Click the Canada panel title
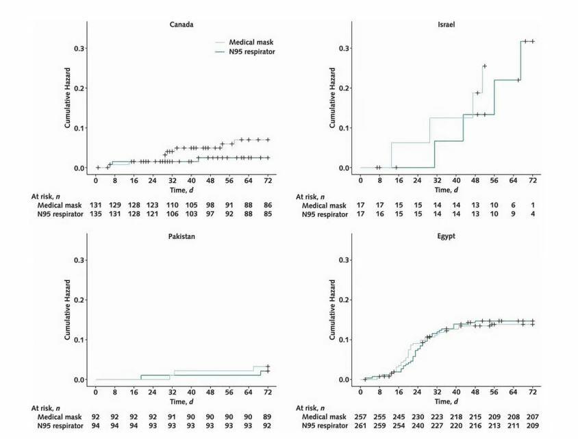pos(181,25)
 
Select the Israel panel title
pos(446,25)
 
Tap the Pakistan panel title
pos(181,236)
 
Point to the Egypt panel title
pos(446,236)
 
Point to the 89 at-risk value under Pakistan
pos(267,416)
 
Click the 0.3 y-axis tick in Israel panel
pos(345,48)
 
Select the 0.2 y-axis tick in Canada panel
pos(80,88)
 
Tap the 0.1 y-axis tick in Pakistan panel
pos(80,340)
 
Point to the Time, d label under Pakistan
pos(181,401)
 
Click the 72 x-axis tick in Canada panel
pos(267,181)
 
